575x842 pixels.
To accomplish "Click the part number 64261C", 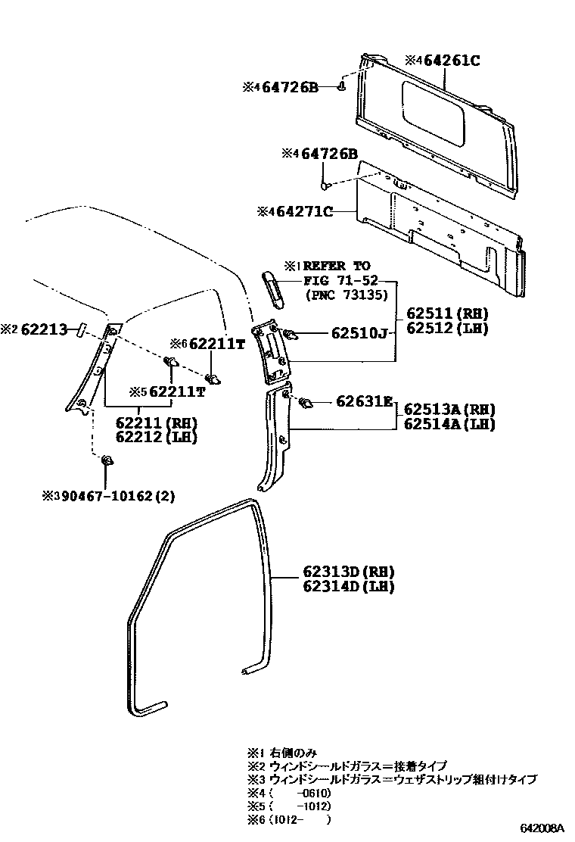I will click(452, 61).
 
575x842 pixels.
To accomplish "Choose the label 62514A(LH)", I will click(449, 424).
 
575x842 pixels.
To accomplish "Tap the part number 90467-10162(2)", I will click(113, 497).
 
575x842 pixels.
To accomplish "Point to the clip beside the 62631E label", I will click(306, 401).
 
